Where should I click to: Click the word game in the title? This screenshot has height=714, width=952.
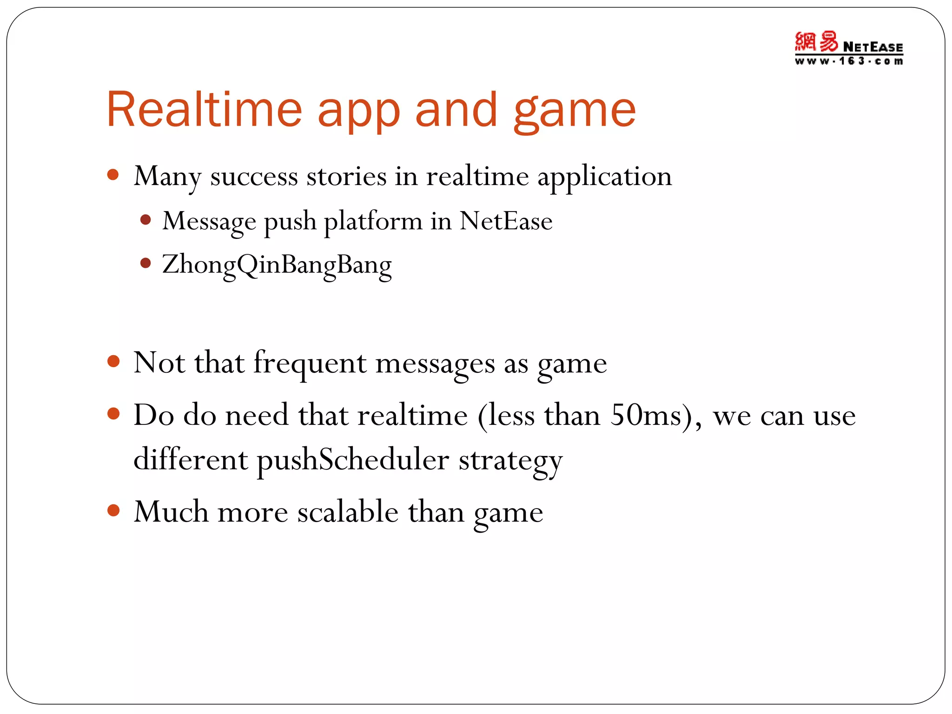pos(575,112)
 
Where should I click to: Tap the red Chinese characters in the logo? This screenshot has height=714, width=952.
pos(816,42)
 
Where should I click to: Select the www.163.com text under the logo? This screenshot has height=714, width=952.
pos(849,61)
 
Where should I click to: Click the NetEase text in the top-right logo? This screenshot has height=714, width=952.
pos(873,47)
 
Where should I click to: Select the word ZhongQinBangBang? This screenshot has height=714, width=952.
pos(277,265)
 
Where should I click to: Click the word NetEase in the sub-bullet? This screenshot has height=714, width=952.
pos(506,221)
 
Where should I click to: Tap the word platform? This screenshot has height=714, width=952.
pos(373,222)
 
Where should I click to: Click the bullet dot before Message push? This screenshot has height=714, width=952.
pos(145,219)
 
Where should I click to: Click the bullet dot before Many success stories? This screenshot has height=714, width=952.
pos(113,175)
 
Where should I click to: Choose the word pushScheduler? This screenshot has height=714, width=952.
pos(353,460)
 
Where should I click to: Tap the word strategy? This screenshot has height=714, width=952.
pos(510,461)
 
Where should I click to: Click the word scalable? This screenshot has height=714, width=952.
pos(348,512)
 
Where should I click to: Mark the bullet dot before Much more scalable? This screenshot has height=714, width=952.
pos(113,510)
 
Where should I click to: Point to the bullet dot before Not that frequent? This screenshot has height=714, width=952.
pos(113,361)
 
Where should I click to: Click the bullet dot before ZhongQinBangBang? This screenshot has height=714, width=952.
pos(145,264)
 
